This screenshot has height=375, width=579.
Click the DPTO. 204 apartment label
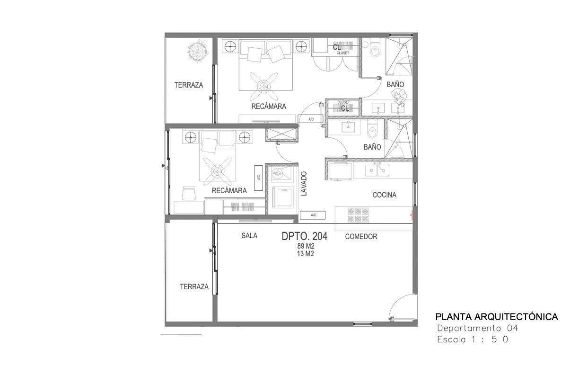point(304,236)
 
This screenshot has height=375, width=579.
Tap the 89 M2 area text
point(306,246)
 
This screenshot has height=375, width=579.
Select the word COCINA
point(385,195)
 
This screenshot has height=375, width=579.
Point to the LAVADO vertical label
point(304,184)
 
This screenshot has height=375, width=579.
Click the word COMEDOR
point(361,237)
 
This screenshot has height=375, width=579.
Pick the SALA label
point(249,236)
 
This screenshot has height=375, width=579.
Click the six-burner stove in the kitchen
point(358,215)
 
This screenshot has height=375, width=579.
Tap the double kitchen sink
point(377,170)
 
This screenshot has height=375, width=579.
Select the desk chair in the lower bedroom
point(189,193)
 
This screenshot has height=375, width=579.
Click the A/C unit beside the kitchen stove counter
point(313,215)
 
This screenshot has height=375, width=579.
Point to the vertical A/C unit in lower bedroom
point(258,178)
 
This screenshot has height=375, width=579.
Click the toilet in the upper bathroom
point(375,48)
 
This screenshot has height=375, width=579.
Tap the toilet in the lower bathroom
point(372,129)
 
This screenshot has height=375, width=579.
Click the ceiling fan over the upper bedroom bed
point(263,86)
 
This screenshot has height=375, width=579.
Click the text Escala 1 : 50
point(473,339)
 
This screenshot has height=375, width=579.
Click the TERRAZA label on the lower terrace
point(194,287)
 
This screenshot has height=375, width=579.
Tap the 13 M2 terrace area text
point(306,254)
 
